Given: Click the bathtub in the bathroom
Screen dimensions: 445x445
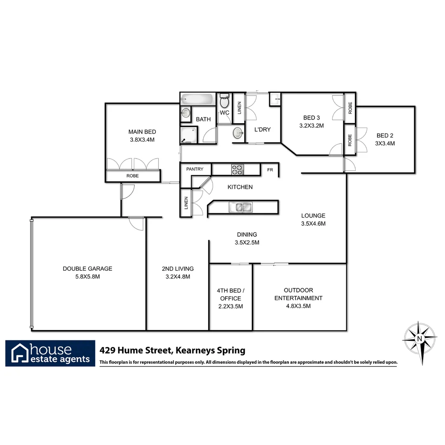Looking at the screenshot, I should click(x=197, y=99).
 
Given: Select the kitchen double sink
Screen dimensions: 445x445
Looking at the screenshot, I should click(x=241, y=207).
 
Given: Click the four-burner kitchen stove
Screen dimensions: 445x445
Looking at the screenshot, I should click(x=237, y=169).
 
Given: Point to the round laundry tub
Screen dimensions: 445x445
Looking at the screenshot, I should click(x=238, y=133).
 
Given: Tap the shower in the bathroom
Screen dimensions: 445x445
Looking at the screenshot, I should click(x=188, y=135).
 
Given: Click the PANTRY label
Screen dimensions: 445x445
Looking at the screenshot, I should click(x=195, y=169).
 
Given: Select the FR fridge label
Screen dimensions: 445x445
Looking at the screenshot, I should click(x=270, y=169).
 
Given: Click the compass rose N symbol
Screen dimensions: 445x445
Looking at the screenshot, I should click(x=419, y=339).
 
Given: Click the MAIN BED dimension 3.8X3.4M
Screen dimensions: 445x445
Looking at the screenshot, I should click(x=142, y=140).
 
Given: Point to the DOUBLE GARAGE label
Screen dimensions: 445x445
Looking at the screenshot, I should click(x=87, y=269).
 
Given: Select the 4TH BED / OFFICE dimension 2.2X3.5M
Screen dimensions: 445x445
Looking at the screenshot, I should click(x=230, y=306).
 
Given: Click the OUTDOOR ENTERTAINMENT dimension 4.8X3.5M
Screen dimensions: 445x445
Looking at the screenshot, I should click(x=298, y=306).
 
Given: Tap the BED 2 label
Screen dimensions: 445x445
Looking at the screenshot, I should click(x=385, y=135).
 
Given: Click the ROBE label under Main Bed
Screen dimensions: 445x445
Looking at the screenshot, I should click(x=133, y=176).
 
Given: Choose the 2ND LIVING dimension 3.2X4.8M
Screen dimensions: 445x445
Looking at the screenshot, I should click(x=178, y=276).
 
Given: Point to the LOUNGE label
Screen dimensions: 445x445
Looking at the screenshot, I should click(x=313, y=215).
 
